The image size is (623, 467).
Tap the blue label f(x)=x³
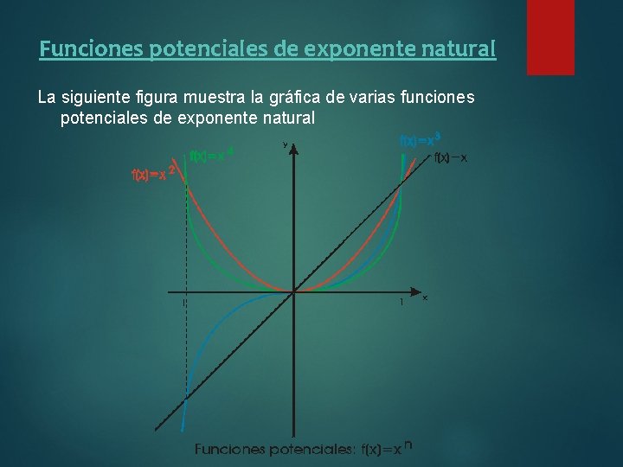420,139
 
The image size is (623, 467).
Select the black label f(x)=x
451,157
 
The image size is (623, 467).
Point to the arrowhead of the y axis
294,149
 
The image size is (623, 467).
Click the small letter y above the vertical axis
285,144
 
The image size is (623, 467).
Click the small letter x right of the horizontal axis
425,298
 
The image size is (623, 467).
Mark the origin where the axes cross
294,291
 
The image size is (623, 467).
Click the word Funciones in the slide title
92,49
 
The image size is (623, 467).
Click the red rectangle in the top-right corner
550,35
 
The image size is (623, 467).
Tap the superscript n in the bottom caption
408,445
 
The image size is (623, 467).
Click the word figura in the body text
154,98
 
